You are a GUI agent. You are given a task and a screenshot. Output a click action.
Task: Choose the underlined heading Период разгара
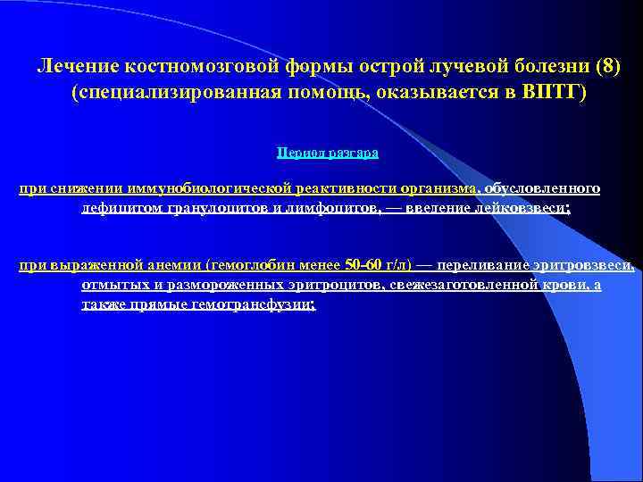click(328, 153)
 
